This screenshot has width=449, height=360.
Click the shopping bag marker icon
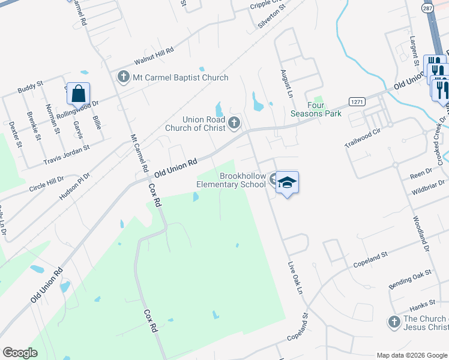click(x=78, y=94)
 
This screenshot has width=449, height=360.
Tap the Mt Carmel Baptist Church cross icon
click(x=124, y=77)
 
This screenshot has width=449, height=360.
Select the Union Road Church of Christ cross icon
click(x=234, y=124)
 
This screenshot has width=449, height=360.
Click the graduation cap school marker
click(x=288, y=183)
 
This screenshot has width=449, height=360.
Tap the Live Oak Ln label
click(x=294, y=278)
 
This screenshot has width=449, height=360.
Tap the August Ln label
click(x=286, y=83)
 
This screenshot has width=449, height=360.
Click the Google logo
click(x=20, y=353)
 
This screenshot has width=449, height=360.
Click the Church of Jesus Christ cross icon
click(x=393, y=322)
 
